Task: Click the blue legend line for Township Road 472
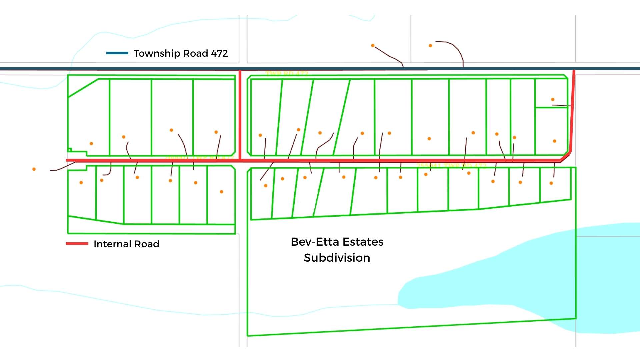pyautogui.click(x=117, y=53)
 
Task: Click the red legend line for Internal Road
pyautogui.click(x=77, y=244)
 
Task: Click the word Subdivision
pyautogui.click(x=337, y=258)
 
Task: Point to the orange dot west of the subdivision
pyautogui.click(x=34, y=169)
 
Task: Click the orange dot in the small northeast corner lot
pyautogui.click(x=553, y=99)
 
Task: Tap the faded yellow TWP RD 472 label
pyautogui.click(x=287, y=73)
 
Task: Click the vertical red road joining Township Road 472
pyautogui.click(x=240, y=113)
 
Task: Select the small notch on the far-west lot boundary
pyautogui.click(x=70, y=150)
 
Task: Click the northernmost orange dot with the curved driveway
pyautogui.click(x=430, y=46)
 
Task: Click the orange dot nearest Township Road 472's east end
pyautogui.click(x=553, y=99)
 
